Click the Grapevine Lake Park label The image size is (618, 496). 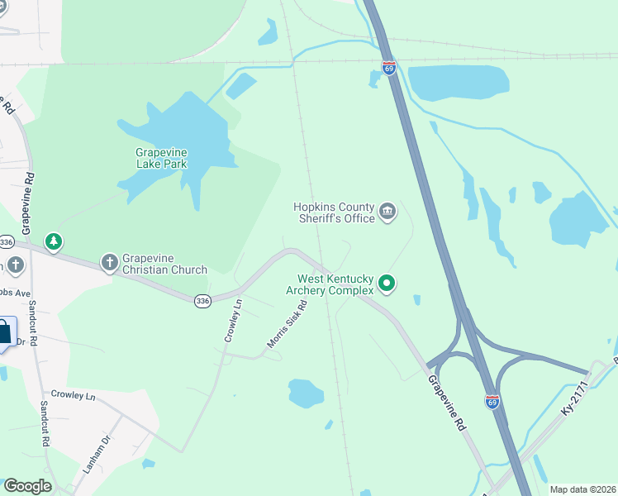161,158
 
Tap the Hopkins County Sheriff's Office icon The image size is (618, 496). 387,212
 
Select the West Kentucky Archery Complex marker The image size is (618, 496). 386,285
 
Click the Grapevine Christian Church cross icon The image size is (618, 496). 109,263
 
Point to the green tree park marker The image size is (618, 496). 54,242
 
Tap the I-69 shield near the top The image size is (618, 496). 389,67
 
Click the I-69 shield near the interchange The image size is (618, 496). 492,401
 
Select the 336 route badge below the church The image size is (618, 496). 202,302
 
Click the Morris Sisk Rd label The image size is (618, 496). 287,323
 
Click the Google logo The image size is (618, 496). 27,486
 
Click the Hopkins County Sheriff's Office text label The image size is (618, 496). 335,212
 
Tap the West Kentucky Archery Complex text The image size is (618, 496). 330,285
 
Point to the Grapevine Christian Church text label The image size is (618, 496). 164,263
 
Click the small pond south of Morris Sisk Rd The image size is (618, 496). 305,393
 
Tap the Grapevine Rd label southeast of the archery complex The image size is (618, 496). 445,403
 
